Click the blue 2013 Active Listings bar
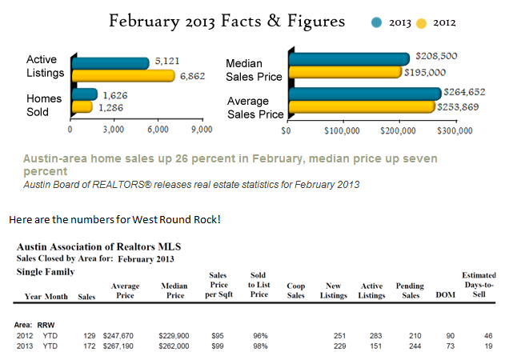click(x=110, y=63)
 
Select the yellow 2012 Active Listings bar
click(x=123, y=76)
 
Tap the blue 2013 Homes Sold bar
click(x=84, y=94)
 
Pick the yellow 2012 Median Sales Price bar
click(x=345, y=72)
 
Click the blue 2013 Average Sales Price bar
click(x=365, y=94)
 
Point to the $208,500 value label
click(x=436, y=56)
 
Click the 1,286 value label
click(x=111, y=107)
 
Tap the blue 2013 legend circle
click(x=377, y=22)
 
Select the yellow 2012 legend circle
click(x=422, y=23)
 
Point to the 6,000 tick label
click(x=158, y=130)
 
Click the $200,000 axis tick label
click(x=398, y=130)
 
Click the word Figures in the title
click(x=316, y=22)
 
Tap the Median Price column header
click(x=174, y=290)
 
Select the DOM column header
click(x=445, y=295)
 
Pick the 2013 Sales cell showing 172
click(x=90, y=346)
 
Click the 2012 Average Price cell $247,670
click(x=118, y=336)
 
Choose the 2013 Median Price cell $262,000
click(x=174, y=346)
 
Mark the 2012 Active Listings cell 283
click(x=376, y=336)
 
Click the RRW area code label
click(x=46, y=325)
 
